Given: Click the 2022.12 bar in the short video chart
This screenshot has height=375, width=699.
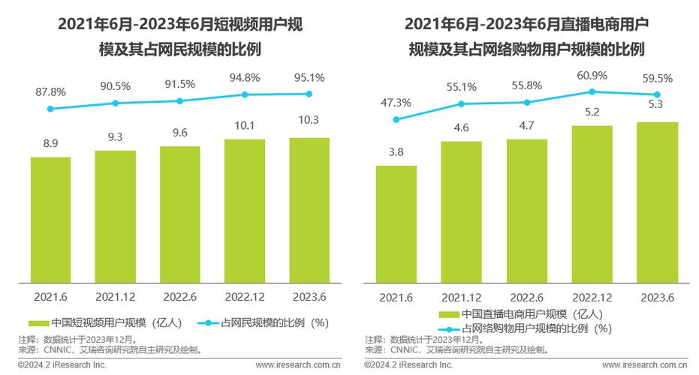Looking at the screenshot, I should click(245, 211).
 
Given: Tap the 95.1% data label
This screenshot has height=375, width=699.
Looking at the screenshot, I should click(309, 78).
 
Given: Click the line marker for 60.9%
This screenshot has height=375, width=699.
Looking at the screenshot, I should click(592, 91).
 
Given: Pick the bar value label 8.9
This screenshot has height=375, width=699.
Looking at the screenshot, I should click(50, 142).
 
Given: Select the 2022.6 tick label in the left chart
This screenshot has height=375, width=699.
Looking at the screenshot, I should click(180, 297).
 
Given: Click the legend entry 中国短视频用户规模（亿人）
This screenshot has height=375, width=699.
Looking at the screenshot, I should click(105, 322).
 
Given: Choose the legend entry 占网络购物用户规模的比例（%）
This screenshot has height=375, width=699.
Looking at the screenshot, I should click(526, 328).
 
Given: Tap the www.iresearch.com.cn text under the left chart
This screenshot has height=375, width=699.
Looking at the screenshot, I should click(298, 365).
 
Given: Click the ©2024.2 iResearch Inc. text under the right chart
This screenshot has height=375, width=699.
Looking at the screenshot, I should click(408, 365).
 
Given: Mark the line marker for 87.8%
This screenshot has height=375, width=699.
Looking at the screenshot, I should click(50, 109).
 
